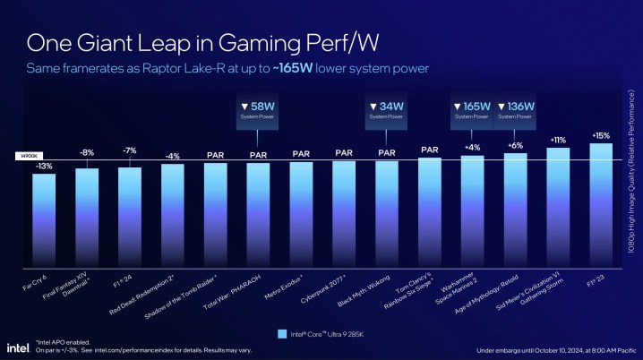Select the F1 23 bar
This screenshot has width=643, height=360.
(x=601, y=201)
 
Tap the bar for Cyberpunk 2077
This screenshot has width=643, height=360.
(x=344, y=210)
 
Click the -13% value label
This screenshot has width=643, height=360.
(x=43, y=166)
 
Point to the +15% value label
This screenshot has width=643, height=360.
(x=601, y=135)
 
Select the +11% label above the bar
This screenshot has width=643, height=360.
(x=558, y=141)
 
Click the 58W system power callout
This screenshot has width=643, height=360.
(x=258, y=111)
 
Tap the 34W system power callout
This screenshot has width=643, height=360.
(x=387, y=111)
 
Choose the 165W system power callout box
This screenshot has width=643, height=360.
(x=473, y=111)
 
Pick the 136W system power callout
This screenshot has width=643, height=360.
(x=516, y=111)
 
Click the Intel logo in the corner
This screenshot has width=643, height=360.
(x=18, y=347)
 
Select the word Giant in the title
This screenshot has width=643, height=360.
(x=109, y=42)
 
